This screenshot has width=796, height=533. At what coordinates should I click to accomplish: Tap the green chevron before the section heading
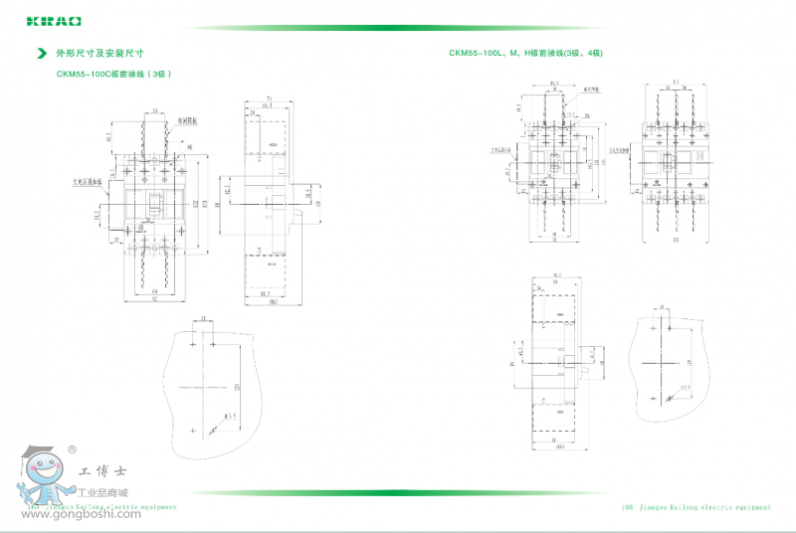click(41, 53)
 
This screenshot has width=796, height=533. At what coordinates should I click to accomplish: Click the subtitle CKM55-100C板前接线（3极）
click(109, 73)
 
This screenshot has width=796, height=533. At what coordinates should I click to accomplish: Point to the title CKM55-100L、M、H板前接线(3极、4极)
click(526, 53)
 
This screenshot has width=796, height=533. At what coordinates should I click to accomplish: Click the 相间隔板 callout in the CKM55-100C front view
click(188, 120)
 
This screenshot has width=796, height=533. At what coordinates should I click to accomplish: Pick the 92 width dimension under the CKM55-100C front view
click(154, 300)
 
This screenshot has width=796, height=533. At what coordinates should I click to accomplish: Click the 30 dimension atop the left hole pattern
click(203, 319)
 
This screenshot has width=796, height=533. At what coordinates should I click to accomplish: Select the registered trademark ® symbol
click(72, 450)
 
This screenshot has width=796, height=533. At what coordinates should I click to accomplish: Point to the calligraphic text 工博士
click(99, 471)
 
